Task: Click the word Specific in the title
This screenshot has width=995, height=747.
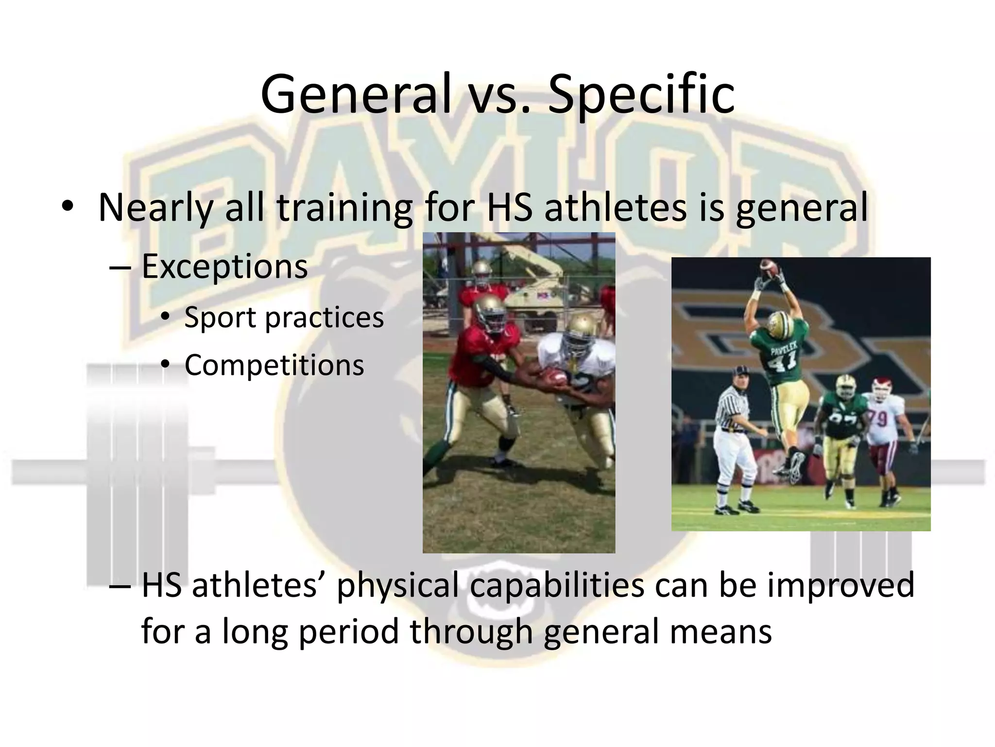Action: tap(641, 95)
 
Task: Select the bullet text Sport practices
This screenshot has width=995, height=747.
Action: tap(284, 318)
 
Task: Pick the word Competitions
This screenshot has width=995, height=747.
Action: tap(274, 365)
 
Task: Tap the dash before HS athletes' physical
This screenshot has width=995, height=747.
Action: tap(120, 586)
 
